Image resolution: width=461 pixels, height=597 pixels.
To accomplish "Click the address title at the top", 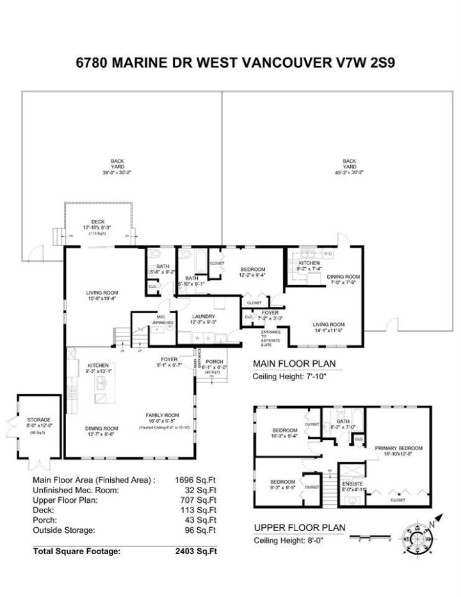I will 230,64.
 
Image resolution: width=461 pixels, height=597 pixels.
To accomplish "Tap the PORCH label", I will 214,361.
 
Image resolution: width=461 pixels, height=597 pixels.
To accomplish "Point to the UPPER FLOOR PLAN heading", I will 300,528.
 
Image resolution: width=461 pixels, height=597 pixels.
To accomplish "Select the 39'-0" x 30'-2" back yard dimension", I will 117,172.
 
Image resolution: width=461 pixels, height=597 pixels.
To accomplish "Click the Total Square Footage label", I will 76,551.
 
